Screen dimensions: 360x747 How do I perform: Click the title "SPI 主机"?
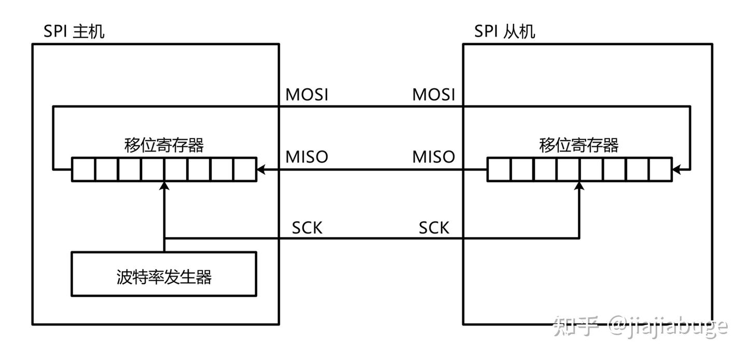tap(74, 31)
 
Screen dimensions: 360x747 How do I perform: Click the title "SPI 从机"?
tap(505, 31)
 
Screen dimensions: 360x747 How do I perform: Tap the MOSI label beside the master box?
tap(307, 95)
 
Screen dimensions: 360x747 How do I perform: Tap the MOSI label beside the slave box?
tap(433, 95)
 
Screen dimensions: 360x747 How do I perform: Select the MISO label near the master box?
tap(307, 157)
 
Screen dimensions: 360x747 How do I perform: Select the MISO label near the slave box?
tap(433, 157)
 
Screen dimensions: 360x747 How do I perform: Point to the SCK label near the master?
tap(307, 227)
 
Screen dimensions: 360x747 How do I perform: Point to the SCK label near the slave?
tap(434, 227)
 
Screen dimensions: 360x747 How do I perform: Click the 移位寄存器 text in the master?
tap(164, 145)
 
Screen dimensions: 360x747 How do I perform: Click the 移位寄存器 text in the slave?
tap(579, 145)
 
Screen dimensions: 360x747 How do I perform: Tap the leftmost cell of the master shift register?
tap(83, 169)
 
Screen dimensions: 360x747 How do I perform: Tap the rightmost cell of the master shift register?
tap(245, 169)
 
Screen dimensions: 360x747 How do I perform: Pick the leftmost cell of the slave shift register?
tap(499, 169)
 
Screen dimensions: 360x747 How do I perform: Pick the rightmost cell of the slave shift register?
tap(660, 169)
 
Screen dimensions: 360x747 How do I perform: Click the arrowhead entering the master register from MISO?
tap(261, 169)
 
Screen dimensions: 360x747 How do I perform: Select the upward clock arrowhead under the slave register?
tap(579, 186)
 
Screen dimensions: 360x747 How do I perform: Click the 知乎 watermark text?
tap(576, 327)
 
